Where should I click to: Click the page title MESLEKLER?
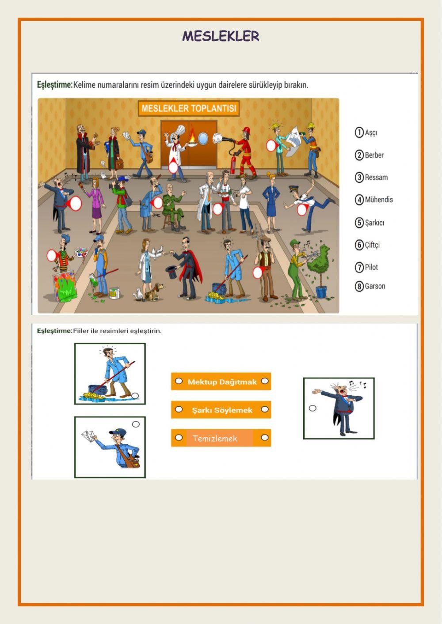click(x=221, y=36)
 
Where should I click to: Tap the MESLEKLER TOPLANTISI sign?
click(x=189, y=108)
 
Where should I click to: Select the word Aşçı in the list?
click(x=371, y=132)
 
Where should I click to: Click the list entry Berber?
click(x=374, y=155)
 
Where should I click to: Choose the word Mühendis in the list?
click(x=379, y=200)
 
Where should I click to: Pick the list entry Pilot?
click(x=371, y=267)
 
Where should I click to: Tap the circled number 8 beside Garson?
click(x=359, y=286)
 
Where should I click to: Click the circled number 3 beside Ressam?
click(x=359, y=178)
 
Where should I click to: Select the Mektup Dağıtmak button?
click(x=221, y=382)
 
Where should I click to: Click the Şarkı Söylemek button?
click(x=221, y=409)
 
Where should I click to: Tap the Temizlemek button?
click(x=221, y=438)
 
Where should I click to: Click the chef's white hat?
click(x=179, y=130)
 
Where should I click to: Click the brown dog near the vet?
click(x=154, y=291)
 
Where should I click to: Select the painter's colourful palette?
click(x=81, y=253)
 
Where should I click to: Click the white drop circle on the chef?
click(x=173, y=167)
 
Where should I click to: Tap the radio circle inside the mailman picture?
click(x=136, y=424)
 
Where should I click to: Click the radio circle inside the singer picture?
click(x=312, y=408)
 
